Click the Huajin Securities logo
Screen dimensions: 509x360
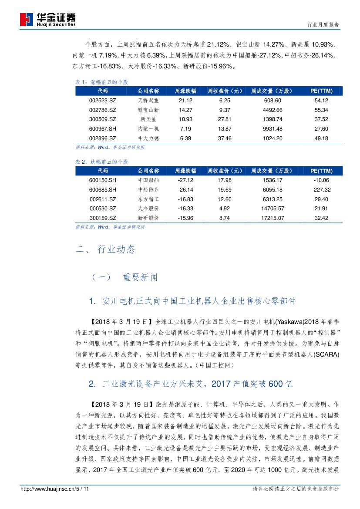click(48, 20)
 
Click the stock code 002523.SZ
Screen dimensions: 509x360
click(103, 100)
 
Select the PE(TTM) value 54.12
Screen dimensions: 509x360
click(321, 100)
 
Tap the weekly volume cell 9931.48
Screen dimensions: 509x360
click(273, 129)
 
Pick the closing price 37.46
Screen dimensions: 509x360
click(225, 138)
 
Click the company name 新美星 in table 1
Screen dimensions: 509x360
click(148, 119)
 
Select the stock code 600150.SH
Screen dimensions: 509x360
click(103, 180)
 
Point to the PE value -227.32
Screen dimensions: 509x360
click(321, 190)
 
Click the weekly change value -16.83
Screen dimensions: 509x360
click(185, 199)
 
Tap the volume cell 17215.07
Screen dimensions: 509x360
click(273, 218)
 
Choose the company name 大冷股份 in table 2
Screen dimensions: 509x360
click(148, 209)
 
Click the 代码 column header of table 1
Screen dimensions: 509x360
click(103, 91)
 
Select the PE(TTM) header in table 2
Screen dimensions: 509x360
click(321, 171)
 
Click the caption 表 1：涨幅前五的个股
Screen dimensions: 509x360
click(102, 82)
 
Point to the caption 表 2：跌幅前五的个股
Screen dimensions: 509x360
click(102, 162)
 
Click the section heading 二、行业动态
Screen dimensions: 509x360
click(105, 249)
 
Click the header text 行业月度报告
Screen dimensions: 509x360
click(323, 25)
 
